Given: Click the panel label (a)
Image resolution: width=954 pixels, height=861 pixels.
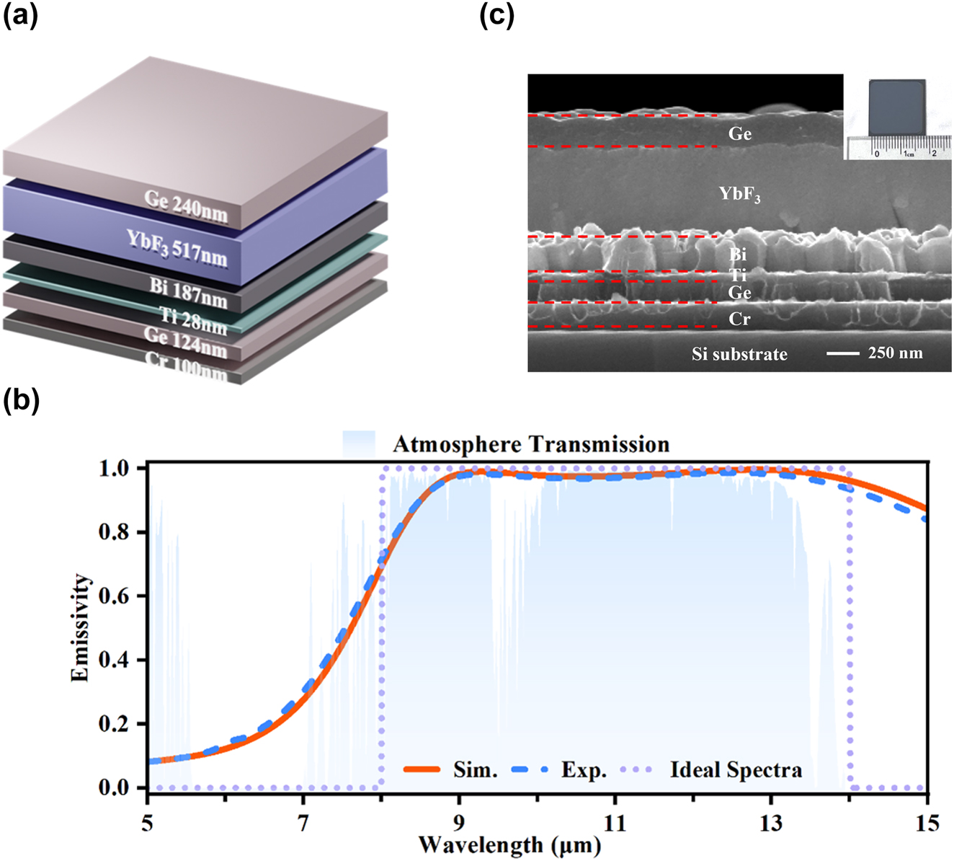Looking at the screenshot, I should coord(21,14).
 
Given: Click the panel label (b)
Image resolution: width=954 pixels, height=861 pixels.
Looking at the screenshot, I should coord(21,400).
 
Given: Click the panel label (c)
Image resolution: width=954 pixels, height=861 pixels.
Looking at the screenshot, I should coord(496,14).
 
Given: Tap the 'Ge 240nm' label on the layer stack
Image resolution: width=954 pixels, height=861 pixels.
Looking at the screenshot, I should coord(186,206).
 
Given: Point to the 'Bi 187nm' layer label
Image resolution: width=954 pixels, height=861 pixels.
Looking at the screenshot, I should coord(188,292).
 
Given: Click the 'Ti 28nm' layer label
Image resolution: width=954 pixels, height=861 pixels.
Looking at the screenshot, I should coord(192,320).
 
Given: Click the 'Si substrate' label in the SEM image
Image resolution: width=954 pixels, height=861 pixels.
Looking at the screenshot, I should coord(739,354).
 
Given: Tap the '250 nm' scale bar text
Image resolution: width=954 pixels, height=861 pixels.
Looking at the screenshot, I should coord(895,353).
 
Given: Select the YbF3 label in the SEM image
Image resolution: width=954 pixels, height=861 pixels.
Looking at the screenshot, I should coord(739,194).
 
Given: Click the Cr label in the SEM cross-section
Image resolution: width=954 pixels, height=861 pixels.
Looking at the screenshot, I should coord(739,319).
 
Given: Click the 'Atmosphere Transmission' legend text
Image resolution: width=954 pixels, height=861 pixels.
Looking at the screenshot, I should coord(530,444).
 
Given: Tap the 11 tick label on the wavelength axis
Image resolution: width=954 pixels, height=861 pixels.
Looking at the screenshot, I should coord(615,821).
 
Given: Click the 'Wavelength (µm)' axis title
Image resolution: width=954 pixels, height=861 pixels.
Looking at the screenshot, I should coord(509,844).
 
